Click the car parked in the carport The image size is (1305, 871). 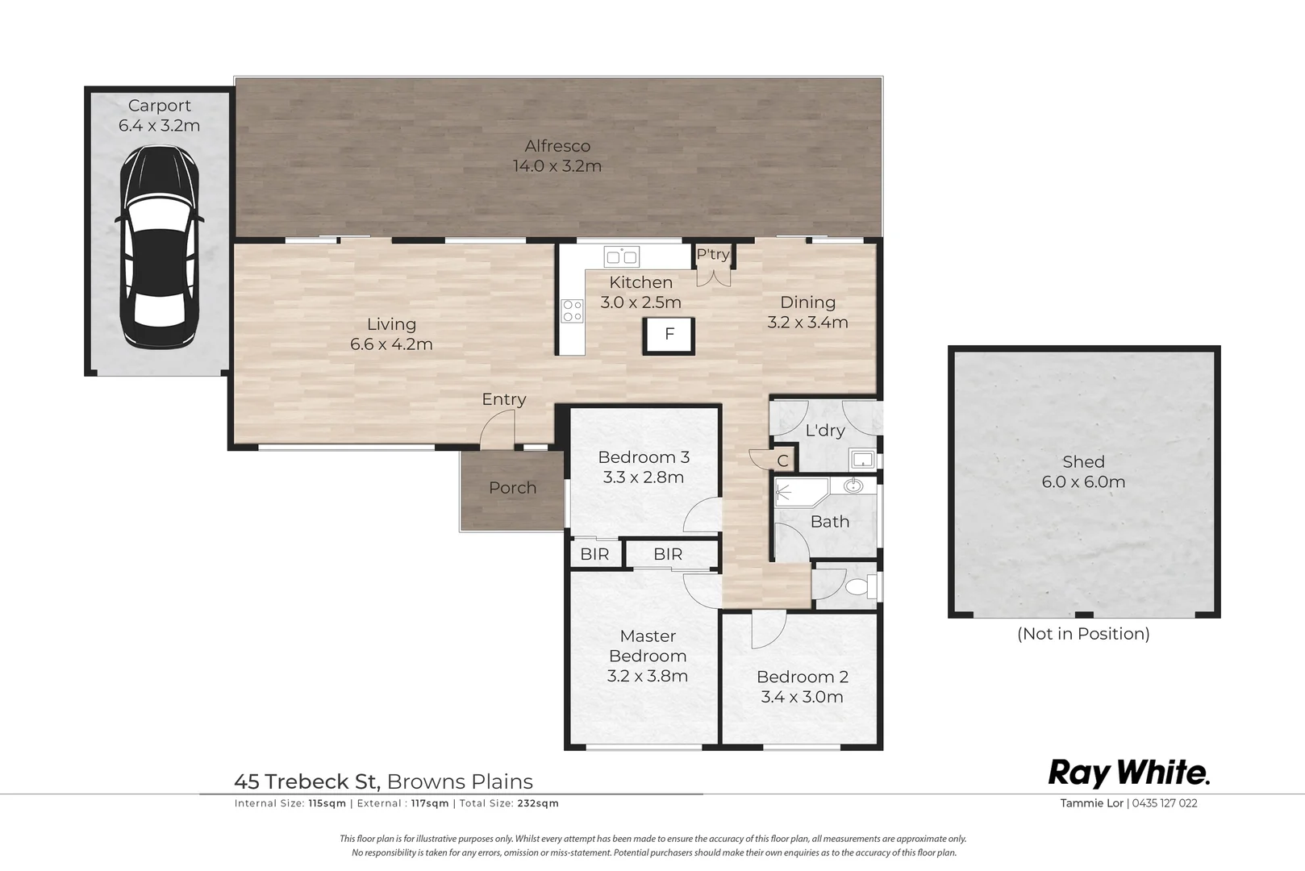click(159, 247)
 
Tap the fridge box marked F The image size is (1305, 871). click(669, 335)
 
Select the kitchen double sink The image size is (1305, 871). click(622, 256)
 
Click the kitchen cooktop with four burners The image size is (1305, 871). click(572, 310)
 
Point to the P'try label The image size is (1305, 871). click(713, 255)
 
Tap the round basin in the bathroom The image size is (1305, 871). click(853, 485)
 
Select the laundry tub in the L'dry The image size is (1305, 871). click(862, 459)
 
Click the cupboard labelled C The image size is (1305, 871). click(782, 461)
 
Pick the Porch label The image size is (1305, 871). click(513, 488)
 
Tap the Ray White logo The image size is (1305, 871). click(1129, 774)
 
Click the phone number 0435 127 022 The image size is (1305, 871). click(1165, 803)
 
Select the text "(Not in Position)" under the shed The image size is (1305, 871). click(1084, 634)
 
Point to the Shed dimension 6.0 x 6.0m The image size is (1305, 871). click(1084, 481)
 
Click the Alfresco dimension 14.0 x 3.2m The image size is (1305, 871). click(557, 166)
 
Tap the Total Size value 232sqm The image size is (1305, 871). click(538, 803)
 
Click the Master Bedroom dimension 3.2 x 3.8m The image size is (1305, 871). click(647, 676)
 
